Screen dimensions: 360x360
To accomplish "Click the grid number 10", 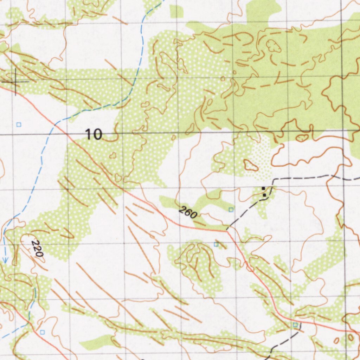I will tap(94, 134).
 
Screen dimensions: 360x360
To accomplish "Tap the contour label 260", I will tap(188, 213).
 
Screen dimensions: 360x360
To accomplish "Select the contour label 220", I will tap(37, 248).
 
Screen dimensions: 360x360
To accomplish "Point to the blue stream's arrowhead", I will tap(5, 260).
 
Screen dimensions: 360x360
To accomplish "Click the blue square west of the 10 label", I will tap(19, 124).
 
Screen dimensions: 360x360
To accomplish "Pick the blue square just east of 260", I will tap(231, 210).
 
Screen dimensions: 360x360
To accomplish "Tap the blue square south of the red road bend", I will tap(216, 244).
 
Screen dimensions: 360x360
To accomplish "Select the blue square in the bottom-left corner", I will tap(43, 332).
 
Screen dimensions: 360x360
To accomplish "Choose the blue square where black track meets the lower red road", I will tap(295, 325).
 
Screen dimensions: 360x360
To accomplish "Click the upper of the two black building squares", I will tap(264, 189).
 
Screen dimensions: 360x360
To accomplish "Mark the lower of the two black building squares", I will tap(264, 194).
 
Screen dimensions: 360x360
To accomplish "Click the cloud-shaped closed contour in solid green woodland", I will tap(273, 46).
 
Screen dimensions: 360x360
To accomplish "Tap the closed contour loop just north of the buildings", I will tap(251, 165).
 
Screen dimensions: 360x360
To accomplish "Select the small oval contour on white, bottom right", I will tap(336, 340).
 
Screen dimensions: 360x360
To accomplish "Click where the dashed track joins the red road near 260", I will tap(227, 231).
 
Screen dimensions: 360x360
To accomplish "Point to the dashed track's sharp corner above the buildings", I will tap(274, 180).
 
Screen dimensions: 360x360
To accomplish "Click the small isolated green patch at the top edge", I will tap(176, 12).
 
